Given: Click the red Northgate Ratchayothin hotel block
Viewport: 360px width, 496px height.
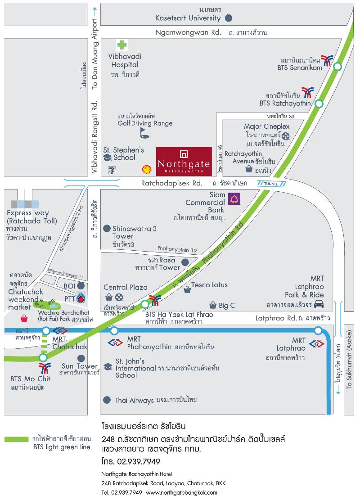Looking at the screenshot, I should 184,161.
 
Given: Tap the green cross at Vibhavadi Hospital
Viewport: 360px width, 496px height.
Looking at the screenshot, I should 121,45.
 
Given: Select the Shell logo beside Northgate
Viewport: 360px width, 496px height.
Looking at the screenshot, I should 147,169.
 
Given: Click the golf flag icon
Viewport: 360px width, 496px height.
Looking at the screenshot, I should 144,132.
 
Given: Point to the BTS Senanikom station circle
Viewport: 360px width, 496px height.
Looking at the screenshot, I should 337,67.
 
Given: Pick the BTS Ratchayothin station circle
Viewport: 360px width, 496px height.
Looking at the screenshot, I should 319,104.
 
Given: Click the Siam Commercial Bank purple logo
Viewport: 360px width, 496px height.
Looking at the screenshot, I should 234,198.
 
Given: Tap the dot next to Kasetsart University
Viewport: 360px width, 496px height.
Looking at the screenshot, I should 229,18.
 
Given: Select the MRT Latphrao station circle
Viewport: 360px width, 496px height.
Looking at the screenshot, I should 318,331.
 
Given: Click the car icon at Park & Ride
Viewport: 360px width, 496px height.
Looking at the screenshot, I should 319,304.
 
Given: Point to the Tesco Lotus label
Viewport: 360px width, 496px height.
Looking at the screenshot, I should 209,285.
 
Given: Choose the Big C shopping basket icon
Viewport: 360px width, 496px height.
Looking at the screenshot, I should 213,305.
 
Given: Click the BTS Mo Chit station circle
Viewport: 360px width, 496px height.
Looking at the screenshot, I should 43,358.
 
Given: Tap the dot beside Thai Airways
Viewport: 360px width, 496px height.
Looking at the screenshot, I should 107,400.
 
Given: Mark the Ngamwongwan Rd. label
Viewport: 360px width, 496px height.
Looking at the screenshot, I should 188,32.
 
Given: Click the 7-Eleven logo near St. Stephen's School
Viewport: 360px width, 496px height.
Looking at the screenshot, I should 112,169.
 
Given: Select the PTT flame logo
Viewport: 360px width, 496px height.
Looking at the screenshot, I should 81,298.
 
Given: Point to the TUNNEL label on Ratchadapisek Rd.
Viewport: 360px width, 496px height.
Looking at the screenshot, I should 271,184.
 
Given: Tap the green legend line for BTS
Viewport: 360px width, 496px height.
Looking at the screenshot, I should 16,439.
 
